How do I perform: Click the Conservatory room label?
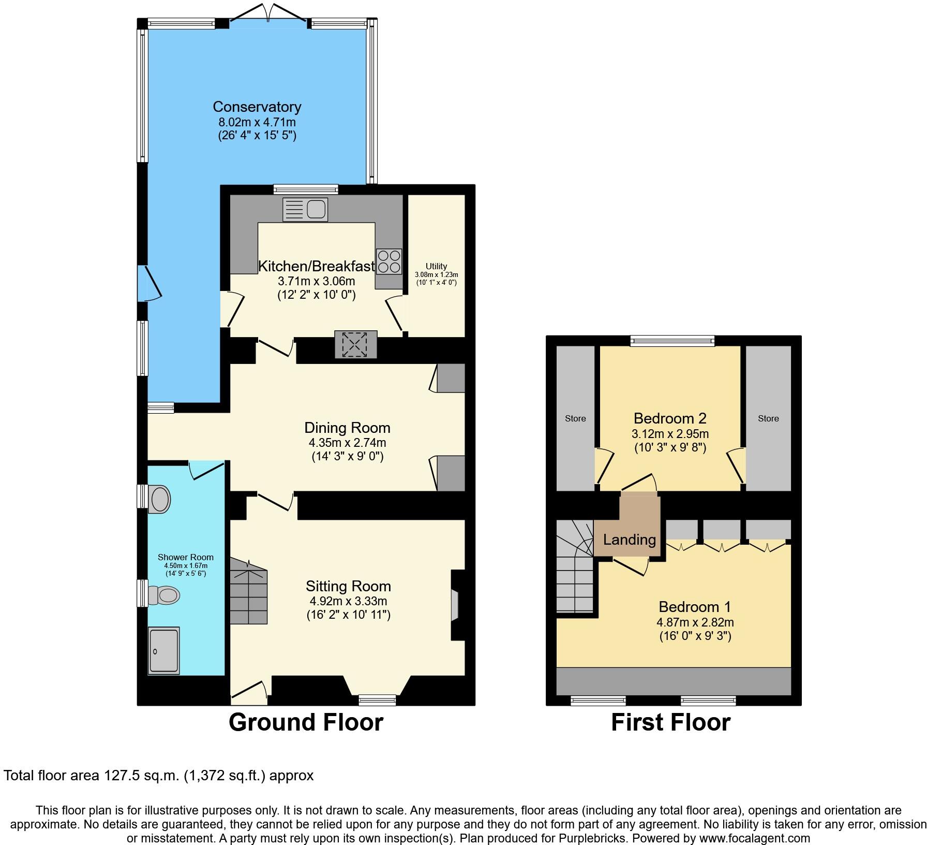257,107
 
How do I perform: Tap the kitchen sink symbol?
305,210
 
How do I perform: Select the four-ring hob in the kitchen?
389,261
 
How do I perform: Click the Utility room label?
436,266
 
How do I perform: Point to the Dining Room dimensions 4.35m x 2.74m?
347,443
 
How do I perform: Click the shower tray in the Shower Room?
163,650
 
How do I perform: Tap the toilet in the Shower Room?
164,595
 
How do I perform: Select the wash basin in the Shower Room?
159,499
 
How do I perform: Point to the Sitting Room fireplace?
455,605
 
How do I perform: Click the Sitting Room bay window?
378,700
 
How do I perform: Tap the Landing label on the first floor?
629,540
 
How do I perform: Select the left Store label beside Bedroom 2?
575,418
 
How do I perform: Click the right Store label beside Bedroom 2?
768,418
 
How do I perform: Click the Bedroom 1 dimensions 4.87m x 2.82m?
695,622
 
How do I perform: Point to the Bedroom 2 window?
672,340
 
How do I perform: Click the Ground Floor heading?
306,722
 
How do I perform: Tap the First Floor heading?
670,722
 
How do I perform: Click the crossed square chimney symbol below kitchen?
355,344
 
